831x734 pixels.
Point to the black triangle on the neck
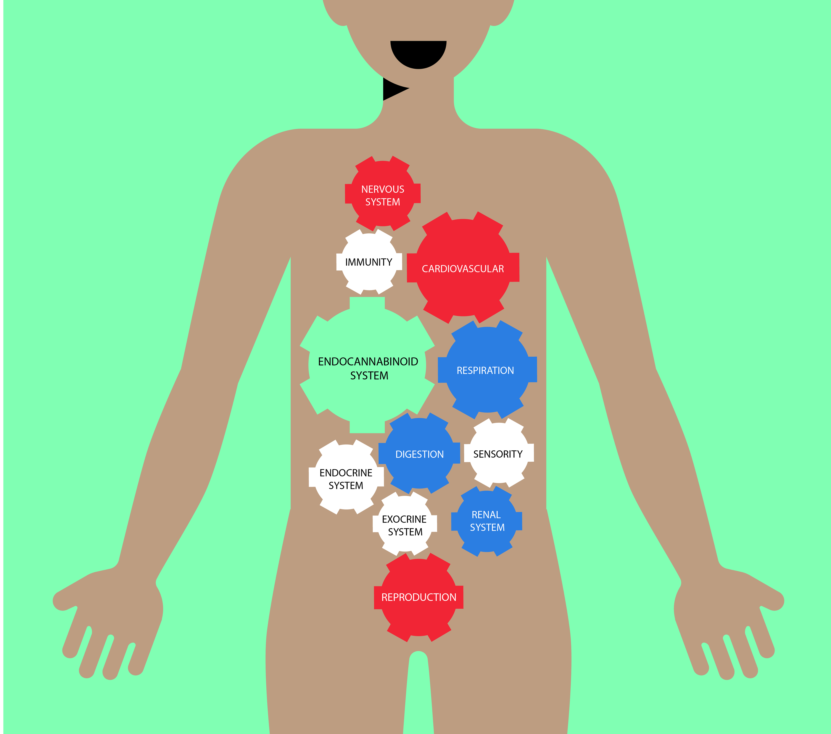pyautogui.click(x=392, y=89)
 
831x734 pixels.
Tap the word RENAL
pyautogui.click(x=486, y=515)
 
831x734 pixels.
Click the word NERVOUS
pyautogui.click(x=383, y=189)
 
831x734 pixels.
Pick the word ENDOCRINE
pyautogui.click(x=346, y=473)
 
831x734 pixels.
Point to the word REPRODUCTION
pyautogui.click(x=419, y=597)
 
